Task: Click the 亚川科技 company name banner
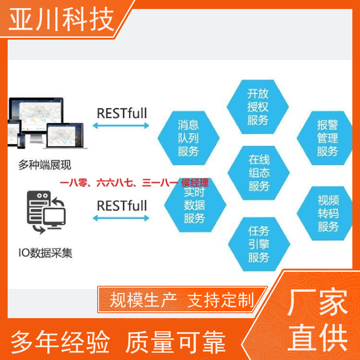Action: tap(62, 19)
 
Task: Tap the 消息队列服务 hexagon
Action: tap(189, 138)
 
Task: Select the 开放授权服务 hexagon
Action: tap(257, 107)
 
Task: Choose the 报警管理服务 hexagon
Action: tap(325, 138)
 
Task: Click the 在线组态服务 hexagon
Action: tap(259, 173)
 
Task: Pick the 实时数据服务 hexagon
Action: tap(195, 205)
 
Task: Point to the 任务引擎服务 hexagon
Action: tap(259, 244)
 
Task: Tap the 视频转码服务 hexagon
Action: tap(325, 213)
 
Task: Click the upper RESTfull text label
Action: tap(122, 113)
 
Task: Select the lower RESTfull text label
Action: tap(122, 206)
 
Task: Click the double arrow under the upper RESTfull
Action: tap(121, 126)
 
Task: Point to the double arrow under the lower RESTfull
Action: tap(121, 218)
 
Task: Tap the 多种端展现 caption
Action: tap(45, 165)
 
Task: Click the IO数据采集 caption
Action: tap(45, 253)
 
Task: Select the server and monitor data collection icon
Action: tap(46, 212)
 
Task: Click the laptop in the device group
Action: tap(65, 136)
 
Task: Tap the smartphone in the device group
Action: tap(21, 141)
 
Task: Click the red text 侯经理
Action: tap(195, 183)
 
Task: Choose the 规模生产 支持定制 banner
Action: tap(182, 299)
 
